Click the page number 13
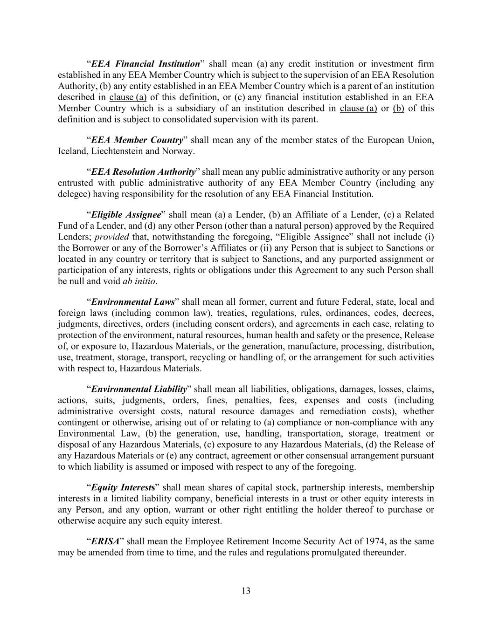(x=246, y=591)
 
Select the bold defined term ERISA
(x=105, y=541)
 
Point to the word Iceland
(x=72, y=151)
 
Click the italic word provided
(x=111, y=237)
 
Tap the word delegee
(x=73, y=194)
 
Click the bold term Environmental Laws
(x=132, y=301)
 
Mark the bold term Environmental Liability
(x=139, y=389)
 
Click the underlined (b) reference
(x=398, y=108)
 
